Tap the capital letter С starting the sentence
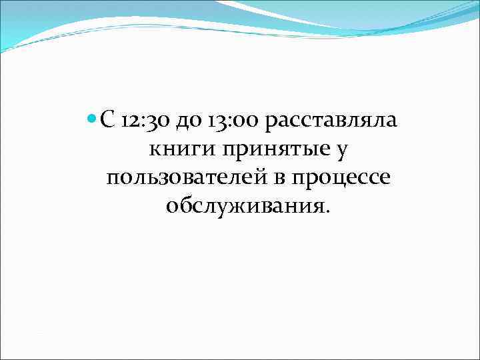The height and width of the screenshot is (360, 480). tap(108, 121)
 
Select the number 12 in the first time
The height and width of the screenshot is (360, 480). tap(130, 121)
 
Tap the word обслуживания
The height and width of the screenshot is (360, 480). tap(245, 207)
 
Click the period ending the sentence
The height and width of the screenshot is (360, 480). tap(327, 212)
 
